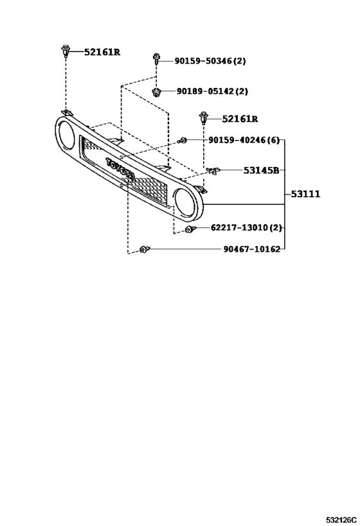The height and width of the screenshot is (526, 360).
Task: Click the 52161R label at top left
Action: [102, 51]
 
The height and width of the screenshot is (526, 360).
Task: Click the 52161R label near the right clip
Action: [240, 119]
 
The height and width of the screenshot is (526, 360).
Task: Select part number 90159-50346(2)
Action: [210, 61]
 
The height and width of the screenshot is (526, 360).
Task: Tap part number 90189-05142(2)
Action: [212, 91]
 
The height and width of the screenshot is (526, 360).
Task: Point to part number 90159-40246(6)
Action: [244, 140]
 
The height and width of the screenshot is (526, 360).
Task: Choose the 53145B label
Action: [261, 170]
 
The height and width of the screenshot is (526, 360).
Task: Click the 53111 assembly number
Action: [305, 193]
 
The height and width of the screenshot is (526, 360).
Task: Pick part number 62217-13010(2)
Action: [246, 228]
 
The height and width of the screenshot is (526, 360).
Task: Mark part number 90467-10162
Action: [242, 249]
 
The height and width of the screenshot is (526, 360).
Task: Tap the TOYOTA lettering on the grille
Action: [121, 170]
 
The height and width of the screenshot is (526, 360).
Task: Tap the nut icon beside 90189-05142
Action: [156, 91]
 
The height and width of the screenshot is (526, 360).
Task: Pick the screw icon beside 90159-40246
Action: [183, 140]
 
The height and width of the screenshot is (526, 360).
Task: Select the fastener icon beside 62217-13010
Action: [189, 229]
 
